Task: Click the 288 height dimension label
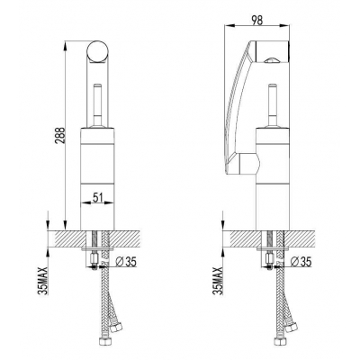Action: coord(60,136)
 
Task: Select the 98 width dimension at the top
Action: coord(257,21)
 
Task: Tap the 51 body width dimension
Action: coord(98,197)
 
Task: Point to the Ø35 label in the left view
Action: coord(126,262)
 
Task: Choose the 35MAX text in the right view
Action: coord(218,281)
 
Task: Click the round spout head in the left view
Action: coord(97,51)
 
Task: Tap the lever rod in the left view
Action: coord(97,105)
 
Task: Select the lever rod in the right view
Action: coord(273,105)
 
